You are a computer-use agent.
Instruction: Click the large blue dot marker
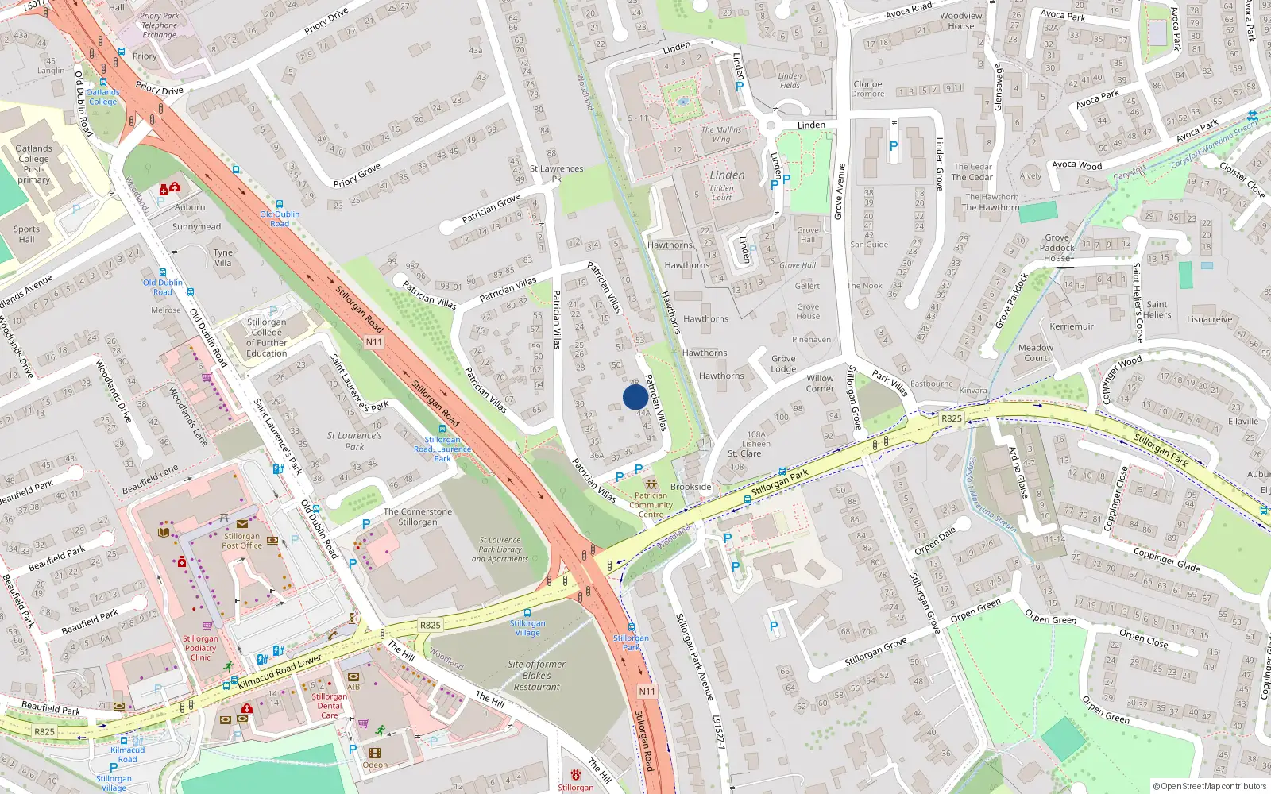[x=635, y=397]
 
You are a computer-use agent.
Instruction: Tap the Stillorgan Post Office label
[x=241, y=541]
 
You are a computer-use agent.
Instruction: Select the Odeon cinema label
[x=375, y=765]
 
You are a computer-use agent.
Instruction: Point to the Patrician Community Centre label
[x=651, y=505]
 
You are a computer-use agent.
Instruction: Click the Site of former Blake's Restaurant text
[x=537, y=676]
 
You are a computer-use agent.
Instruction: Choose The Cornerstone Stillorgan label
[x=418, y=517]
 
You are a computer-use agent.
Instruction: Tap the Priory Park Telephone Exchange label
[x=160, y=25]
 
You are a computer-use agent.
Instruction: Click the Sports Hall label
[x=26, y=234]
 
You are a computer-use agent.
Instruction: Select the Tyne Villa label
[x=223, y=258]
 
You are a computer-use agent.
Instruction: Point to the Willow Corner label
[x=820, y=384]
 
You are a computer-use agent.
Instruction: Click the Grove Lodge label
[x=782, y=364]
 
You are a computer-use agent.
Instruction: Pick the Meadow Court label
[x=1036, y=353]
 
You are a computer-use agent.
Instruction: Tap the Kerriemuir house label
[x=1072, y=326]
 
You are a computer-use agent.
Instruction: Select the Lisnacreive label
[x=1209, y=319]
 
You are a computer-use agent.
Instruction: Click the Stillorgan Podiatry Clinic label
[x=200, y=648]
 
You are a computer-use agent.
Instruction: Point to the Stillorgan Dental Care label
[x=329, y=706]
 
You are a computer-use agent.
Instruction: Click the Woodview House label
[x=961, y=21]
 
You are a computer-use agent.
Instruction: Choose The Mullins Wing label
[x=720, y=134]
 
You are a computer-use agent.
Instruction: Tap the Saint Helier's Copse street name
[x=1139, y=303]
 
